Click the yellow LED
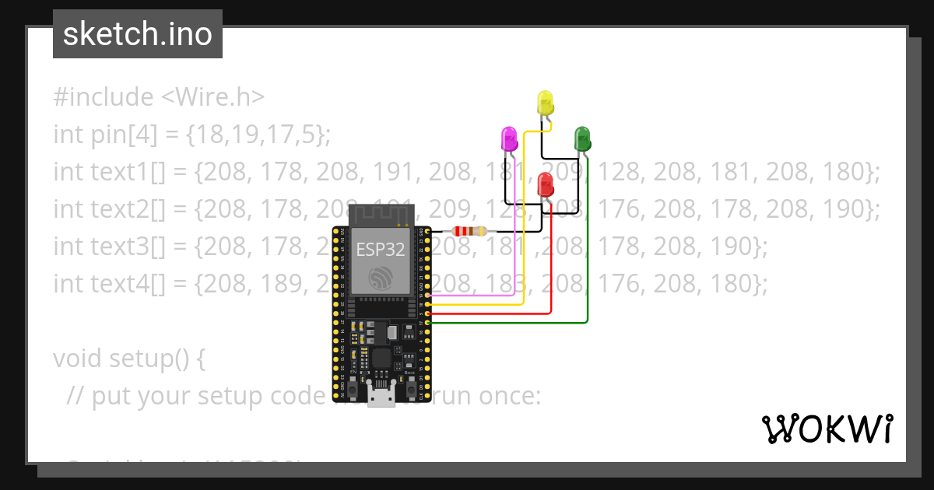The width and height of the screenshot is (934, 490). pyautogui.click(x=545, y=103)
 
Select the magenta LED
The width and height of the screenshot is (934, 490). pyautogui.click(x=508, y=139)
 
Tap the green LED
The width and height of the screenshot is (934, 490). pyautogui.click(x=582, y=138)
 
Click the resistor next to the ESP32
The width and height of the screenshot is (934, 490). pyautogui.click(x=469, y=231)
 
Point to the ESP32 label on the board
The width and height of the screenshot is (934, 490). pyautogui.click(x=381, y=249)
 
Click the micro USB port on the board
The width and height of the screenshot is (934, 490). pyautogui.click(x=381, y=398)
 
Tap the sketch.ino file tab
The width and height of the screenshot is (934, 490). pyautogui.click(x=138, y=34)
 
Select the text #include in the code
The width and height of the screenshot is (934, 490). pyautogui.click(x=104, y=97)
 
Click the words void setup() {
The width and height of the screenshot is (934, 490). pyautogui.click(x=129, y=359)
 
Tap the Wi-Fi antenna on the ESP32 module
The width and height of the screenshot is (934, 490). pyautogui.click(x=381, y=213)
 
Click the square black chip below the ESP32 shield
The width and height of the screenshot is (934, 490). pyautogui.click(x=382, y=359)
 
